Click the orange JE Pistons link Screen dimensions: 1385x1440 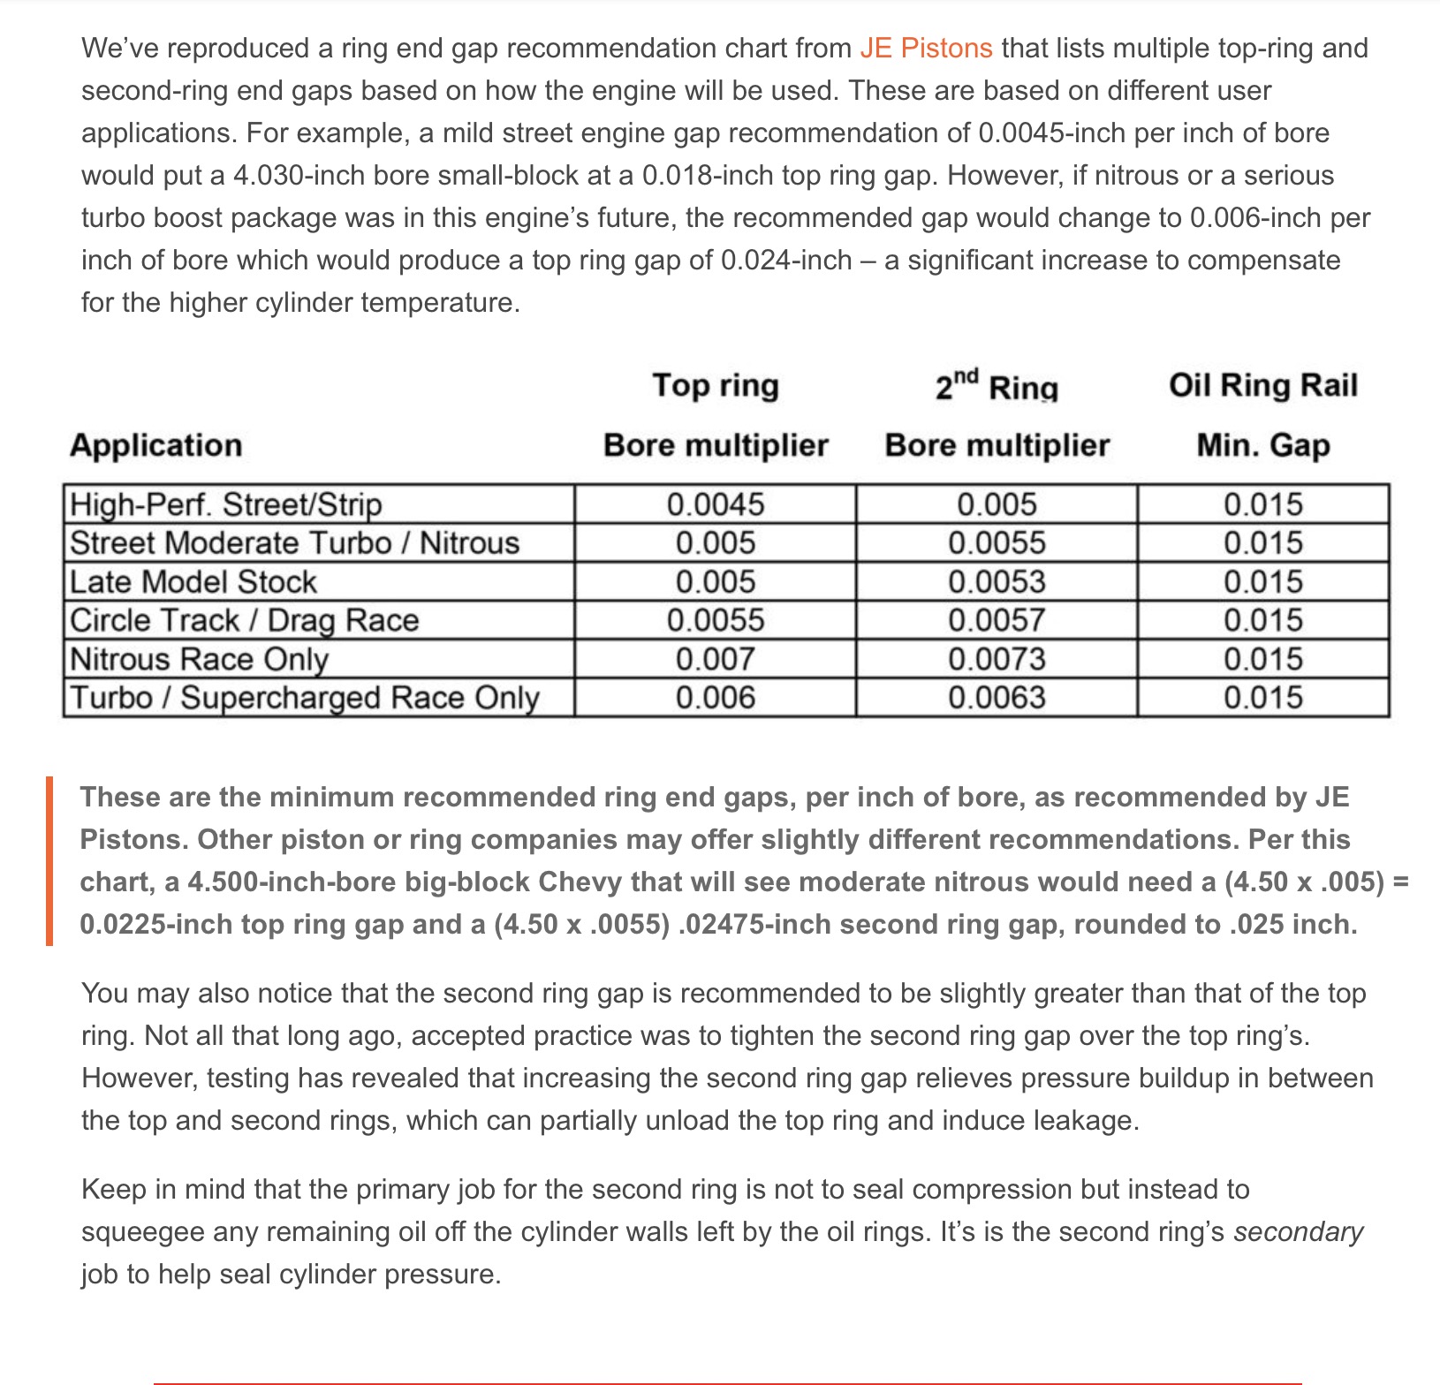(926, 48)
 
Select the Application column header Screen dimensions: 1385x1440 (155, 445)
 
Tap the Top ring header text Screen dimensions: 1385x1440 (716, 386)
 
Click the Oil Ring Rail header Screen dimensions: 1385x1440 (1262, 386)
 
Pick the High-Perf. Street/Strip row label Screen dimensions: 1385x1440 (226, 504)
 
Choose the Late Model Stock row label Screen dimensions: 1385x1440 (193, 582)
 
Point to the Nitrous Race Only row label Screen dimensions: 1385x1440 (199, 659)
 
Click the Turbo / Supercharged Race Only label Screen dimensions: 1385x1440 (305, 698)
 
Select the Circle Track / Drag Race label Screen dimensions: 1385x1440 (244, 620)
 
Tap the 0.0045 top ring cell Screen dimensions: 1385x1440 (716, 504)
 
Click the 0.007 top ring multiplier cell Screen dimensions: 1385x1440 (716, 659)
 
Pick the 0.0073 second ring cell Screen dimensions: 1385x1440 (997, 659)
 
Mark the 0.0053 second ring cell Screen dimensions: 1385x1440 (997, 582)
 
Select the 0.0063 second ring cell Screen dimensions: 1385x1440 (997, 698)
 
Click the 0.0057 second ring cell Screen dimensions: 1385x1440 (997, 620)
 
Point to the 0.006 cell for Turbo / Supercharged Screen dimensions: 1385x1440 (716, 698)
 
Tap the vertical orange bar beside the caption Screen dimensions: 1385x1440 (49, 860)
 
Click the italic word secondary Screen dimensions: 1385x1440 (1298, 1231)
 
